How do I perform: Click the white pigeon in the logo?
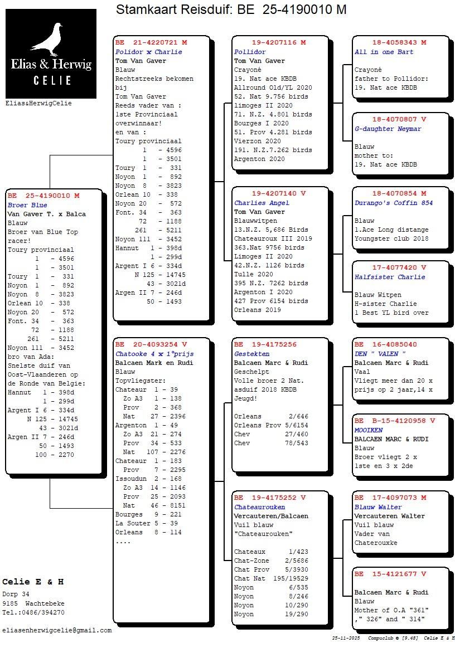click(x=49, y=39)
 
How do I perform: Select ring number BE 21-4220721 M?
click(x=151, y=42)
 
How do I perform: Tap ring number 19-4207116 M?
click(x=279, y=42)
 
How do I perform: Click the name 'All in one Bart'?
click(x=384, y=52)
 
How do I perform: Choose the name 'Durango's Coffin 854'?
click(x=394, y=203)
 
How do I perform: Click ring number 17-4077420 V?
click(x=399, y=267)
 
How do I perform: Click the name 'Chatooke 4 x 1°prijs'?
click(x=154, y=354)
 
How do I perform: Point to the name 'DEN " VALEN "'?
click(x=380, y=354)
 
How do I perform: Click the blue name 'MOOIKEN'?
click(x=369, y=430)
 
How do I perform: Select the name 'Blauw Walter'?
click(x=378, y=507)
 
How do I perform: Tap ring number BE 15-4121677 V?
click(x=390, y=574)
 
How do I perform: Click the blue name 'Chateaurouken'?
click(x=259, y=507)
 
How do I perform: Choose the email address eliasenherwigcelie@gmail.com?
click(x=57, y=630)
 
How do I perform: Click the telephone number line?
click(x=33, y=612)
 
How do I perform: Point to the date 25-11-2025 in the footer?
click(x=346, y=637)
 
